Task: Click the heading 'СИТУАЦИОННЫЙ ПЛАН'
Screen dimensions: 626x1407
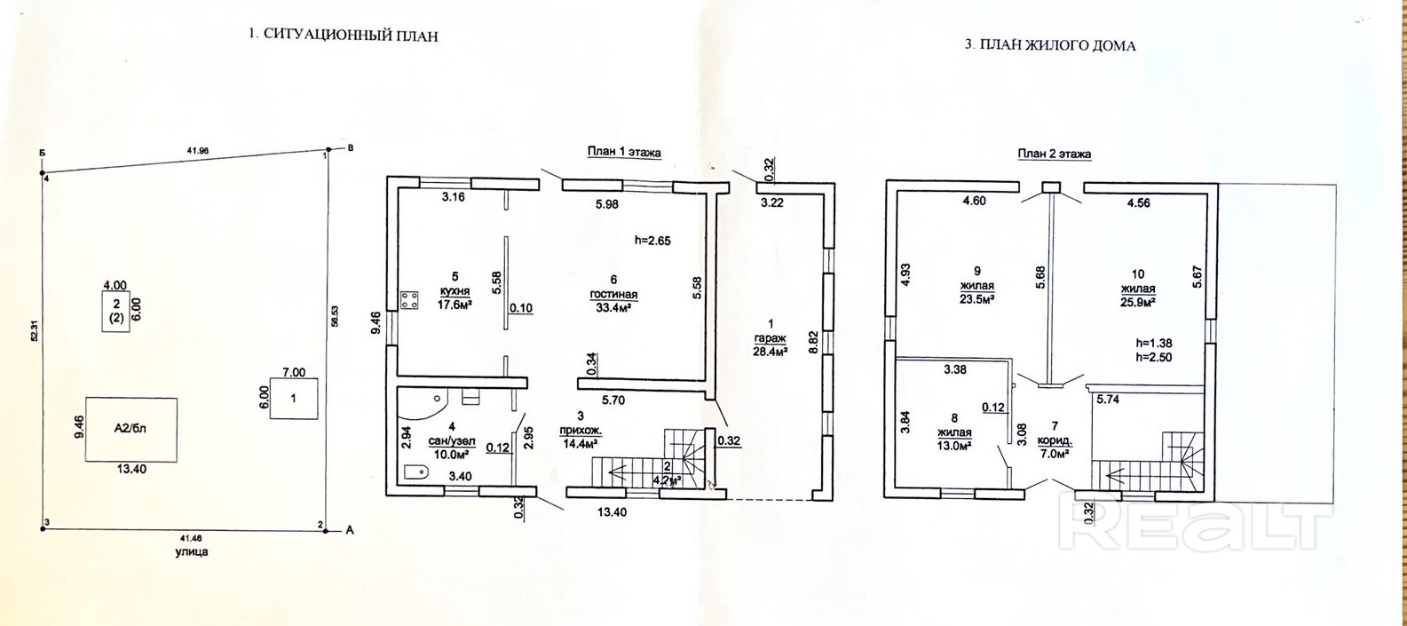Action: pyautogui.click(x=351, y=36)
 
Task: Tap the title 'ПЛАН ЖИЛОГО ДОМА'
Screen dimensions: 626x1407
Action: pyautogui.click(x=1055, y=44)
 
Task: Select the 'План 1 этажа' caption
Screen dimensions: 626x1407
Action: pyautogui.click(x=624, y=152)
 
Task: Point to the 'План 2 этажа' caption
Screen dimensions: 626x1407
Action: pyautogui.click(x=1054, y=154)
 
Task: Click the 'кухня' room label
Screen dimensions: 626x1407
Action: pyautogui.click(x=455, y=292)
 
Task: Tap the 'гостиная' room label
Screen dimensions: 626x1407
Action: pyautogui.click(x=613, y=295)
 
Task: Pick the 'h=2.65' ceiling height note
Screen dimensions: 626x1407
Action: pyautogui.click(x=655, y=240)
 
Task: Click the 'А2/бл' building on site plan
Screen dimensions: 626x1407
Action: pyautogui.click(x=130, y=428)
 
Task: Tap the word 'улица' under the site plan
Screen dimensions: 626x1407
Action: pyautogui.click(x=192, y=551)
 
